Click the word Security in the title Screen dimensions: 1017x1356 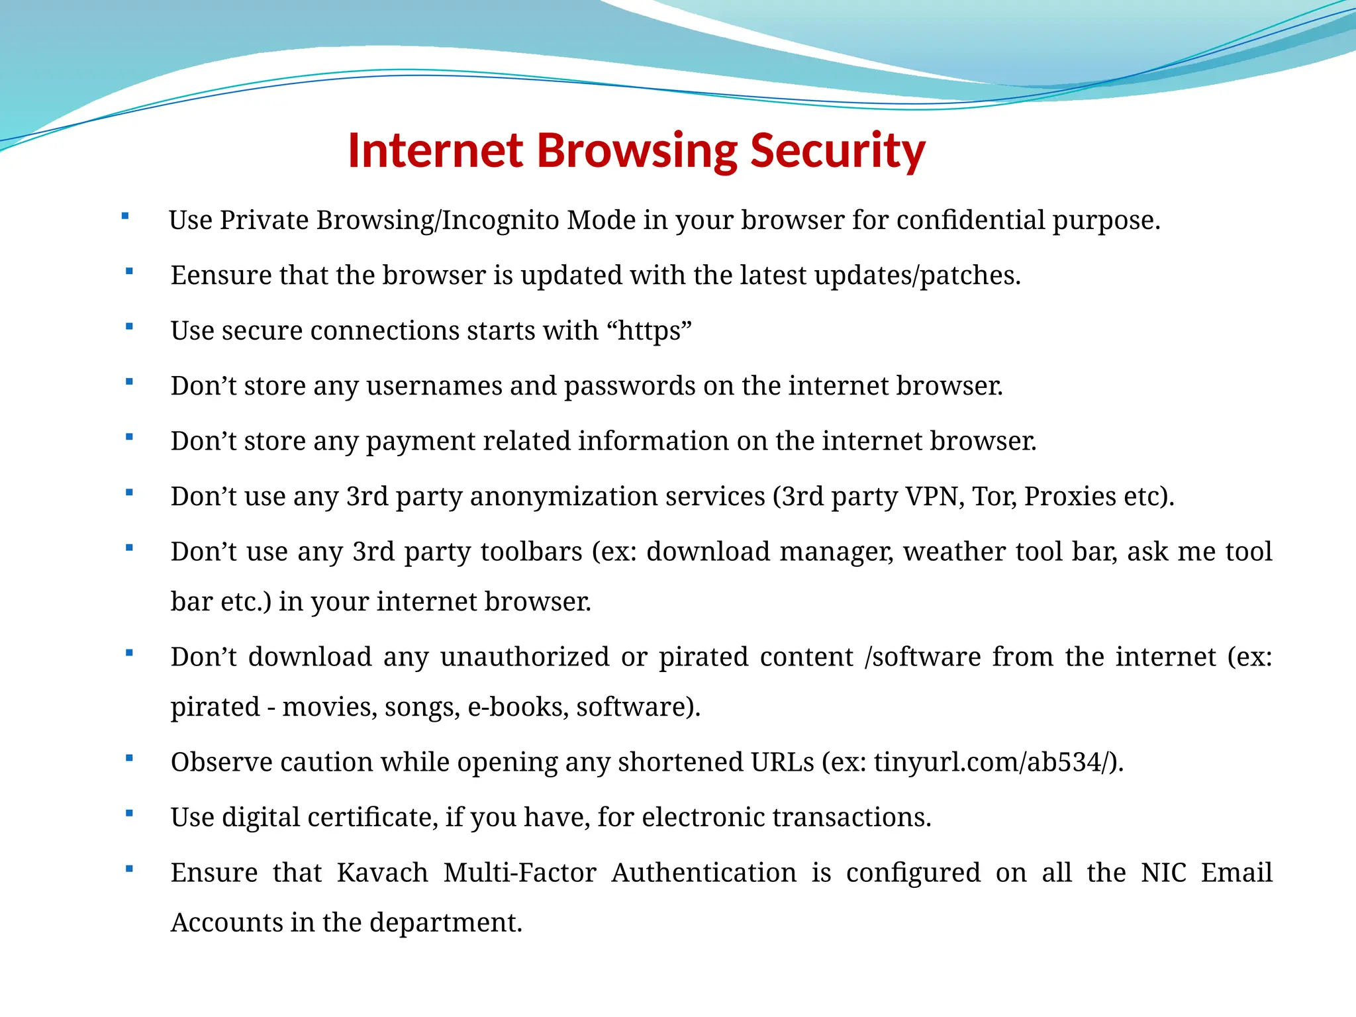[x=838, y=151]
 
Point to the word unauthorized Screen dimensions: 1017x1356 [x=524, y=657]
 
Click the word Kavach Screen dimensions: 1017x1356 [x=382, y=873]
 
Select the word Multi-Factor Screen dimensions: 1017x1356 [x=520, y=873]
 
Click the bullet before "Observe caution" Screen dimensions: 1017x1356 [x=129, y=758]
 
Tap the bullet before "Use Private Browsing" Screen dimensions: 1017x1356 [x=125, y=216]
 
